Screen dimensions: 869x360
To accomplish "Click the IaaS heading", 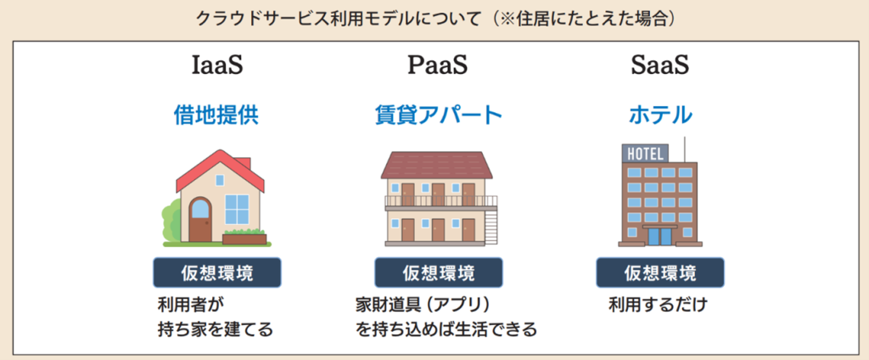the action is (216, 65).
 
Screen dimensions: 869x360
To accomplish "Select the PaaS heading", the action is (438, 65).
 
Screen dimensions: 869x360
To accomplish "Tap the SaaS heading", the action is (659, 65).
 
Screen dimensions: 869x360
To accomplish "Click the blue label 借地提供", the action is (216, 115).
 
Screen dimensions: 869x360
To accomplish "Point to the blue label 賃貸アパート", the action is (439, 115).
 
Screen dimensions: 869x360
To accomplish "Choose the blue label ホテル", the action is (660, 115).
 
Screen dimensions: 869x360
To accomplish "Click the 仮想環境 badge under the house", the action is (216, 273).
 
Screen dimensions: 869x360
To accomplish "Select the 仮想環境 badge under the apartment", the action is (439, 273).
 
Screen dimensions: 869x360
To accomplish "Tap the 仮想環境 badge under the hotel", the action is (660, 273).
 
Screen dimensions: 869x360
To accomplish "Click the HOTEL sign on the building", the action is (645, 154).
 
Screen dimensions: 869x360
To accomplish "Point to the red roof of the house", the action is (220, 169).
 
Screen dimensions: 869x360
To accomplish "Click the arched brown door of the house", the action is (200, 220).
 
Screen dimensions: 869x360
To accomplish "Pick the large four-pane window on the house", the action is (238, 209).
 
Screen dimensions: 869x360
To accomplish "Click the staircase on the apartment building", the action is (491, 224).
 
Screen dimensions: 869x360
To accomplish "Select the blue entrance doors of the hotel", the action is (659, 237).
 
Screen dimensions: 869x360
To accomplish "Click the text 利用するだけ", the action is (658, 305).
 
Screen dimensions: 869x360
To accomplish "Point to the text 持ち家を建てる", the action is (216, 329).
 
